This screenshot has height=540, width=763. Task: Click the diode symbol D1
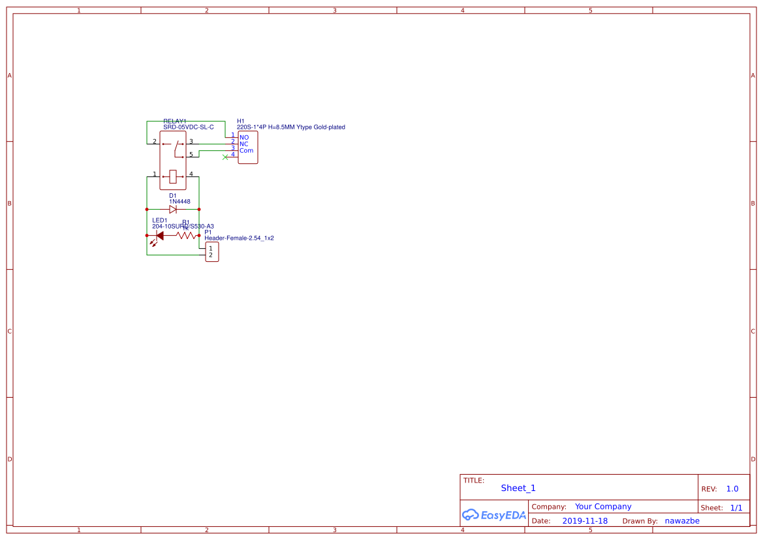click(x=173, y=210)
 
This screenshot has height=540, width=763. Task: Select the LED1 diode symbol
click(x=159, y=236)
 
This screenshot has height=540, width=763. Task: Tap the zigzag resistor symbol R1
click(x=186, y=236)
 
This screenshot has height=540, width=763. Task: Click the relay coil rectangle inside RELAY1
click(x=173, y=176)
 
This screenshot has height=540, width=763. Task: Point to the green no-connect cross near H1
click(x=225, y=157)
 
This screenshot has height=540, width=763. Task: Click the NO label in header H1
click(x=244, y=138)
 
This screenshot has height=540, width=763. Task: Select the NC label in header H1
click(x=244, y=144)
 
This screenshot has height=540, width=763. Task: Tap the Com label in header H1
click(x=246, y=151)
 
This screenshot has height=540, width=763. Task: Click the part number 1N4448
click(x=179, y=202)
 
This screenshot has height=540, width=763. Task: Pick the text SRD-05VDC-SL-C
click(x=189, y=127)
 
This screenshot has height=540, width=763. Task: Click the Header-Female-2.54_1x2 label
click(x=239, y=238)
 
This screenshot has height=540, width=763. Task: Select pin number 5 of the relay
click(x=191, y=155)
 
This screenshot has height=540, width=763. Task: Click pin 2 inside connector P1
click(x=210, y=255)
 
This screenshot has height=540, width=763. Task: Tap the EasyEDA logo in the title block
click(x=494, y=515)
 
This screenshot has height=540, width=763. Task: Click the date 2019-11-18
click(x=585, y=521)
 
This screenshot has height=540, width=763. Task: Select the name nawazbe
click(x=682, y=521)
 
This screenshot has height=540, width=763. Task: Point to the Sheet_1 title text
click(x=518, y=488)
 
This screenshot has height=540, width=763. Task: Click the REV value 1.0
click(x=732, y=489)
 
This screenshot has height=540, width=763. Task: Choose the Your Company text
click(x=603, y=507)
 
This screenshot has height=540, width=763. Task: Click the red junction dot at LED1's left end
click(x=147, y=236)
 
